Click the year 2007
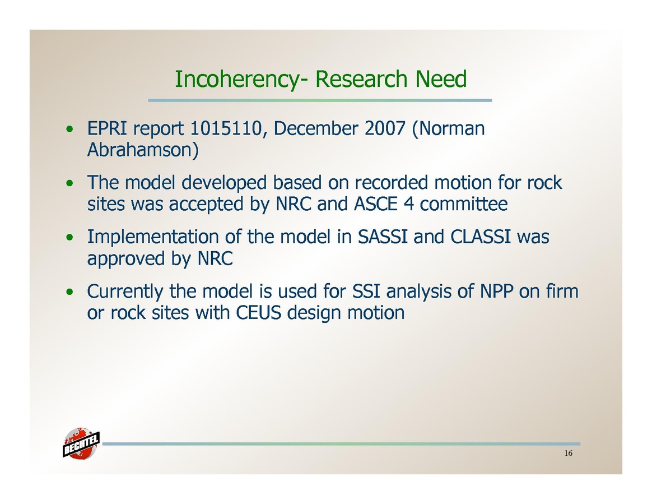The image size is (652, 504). (x=385, y=128)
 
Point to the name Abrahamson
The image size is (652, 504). (x=143, y=150)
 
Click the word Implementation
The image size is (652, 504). (x=153, y=237)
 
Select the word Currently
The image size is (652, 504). (x=125, y=292)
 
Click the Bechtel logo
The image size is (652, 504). (x=81, y=443)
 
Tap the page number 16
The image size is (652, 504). (x=569, y=453)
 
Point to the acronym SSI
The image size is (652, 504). (x=366, y=291)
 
